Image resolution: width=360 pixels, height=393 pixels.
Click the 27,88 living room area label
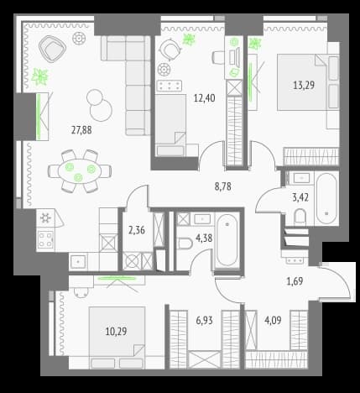[81, 130]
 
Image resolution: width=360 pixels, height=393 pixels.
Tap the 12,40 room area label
[205, 98]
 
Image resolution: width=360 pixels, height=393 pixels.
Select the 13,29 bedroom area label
[304, 85]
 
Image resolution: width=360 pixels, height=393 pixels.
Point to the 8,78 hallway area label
[223, 186]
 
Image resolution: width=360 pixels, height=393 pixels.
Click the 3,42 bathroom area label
[300, 197]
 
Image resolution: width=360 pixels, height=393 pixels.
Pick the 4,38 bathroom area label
[204, 238]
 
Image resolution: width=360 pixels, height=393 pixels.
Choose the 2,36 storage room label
[137, 230]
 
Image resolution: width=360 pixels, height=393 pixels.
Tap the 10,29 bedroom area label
[116, 332]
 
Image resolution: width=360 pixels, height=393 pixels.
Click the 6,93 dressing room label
[204, 320]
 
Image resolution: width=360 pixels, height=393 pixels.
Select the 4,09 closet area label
[273, 320]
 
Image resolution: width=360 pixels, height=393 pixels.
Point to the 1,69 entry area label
[295, 281]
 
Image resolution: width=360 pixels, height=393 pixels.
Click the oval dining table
[80, 171]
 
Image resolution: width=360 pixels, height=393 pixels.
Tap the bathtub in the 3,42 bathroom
[326, 198]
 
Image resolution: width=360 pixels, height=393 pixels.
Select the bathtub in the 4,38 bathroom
[227, 240]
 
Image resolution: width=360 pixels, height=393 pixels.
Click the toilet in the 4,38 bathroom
[185, 244]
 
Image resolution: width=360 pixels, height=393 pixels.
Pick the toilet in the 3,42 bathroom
[300, 217]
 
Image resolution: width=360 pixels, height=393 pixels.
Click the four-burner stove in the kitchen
[45, 240]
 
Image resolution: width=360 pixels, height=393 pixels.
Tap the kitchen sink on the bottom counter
[79, 262]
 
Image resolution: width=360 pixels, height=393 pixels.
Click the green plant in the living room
[40, 76]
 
